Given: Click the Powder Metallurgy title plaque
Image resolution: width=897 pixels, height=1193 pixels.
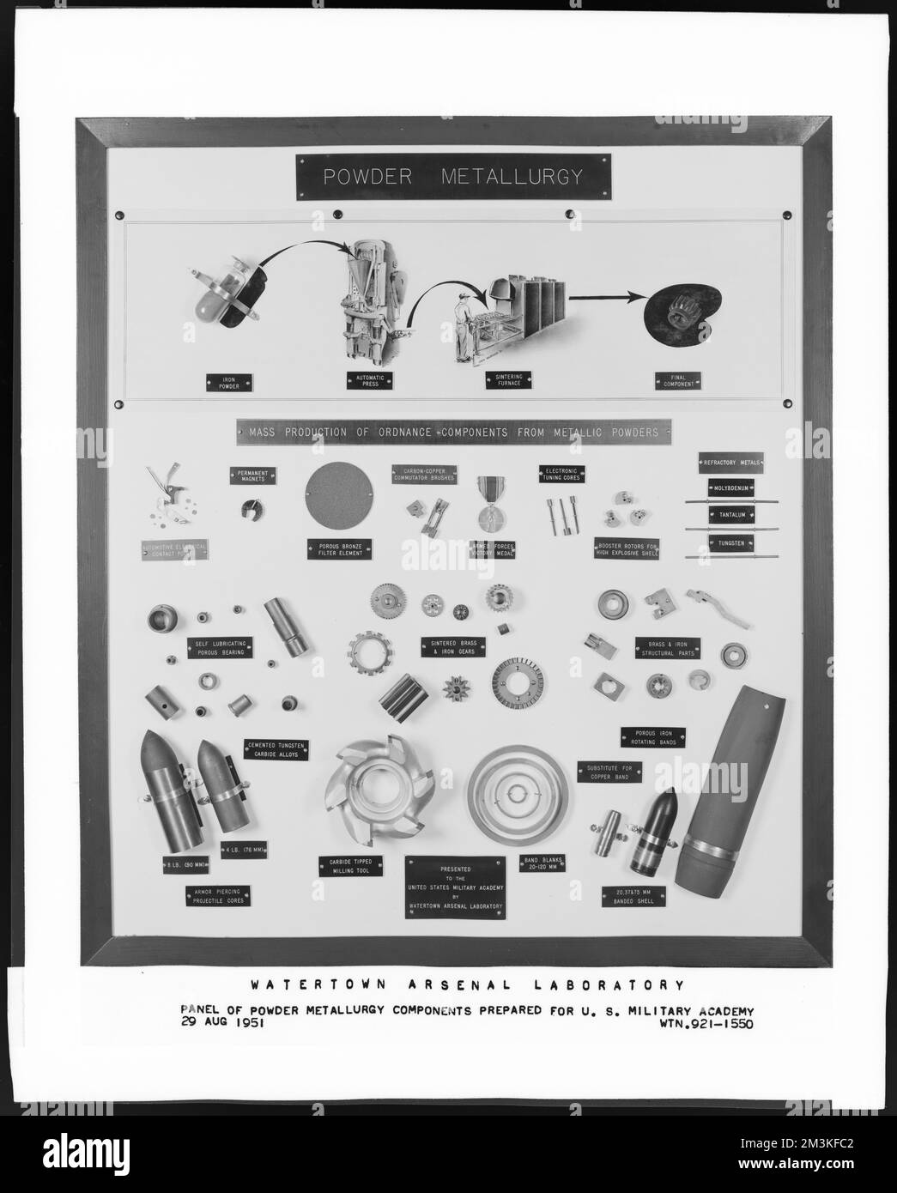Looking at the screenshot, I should click(452, 178).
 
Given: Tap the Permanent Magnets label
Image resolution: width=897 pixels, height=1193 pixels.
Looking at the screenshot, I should click(253, 476).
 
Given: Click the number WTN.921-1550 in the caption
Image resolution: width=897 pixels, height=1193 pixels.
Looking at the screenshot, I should click(707, 1023).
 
